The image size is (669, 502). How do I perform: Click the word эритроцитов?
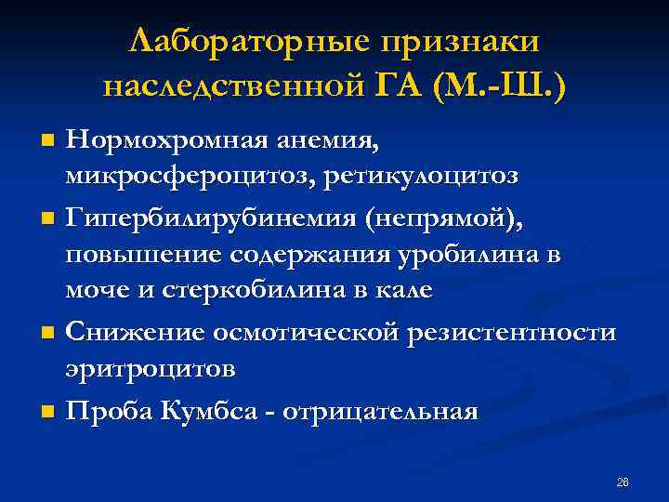[151, 367]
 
